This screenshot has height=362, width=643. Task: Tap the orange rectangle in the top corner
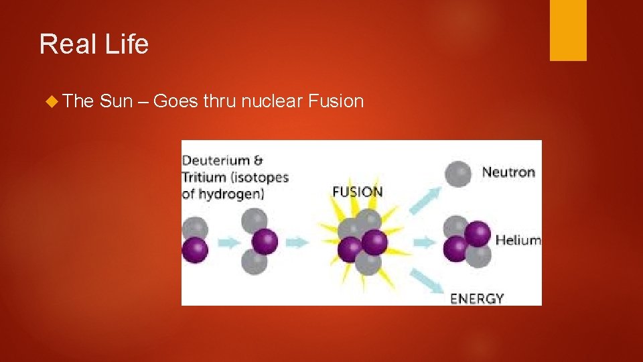[568, 30]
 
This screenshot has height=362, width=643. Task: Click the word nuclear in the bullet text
[271, 101]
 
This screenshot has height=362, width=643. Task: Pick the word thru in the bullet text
[219, 101]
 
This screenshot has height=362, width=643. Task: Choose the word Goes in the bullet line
[175, 101]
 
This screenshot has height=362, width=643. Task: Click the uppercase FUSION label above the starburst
[358, 192]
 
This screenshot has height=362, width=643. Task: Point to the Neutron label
[509, 172]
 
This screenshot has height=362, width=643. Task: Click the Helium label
[518, 240]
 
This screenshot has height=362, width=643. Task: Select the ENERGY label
[478, 298]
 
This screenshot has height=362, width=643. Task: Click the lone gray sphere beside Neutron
[457, 174]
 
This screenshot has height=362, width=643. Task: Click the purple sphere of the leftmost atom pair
[195, 250]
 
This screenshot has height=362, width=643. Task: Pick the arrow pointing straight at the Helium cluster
[424, 242]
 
